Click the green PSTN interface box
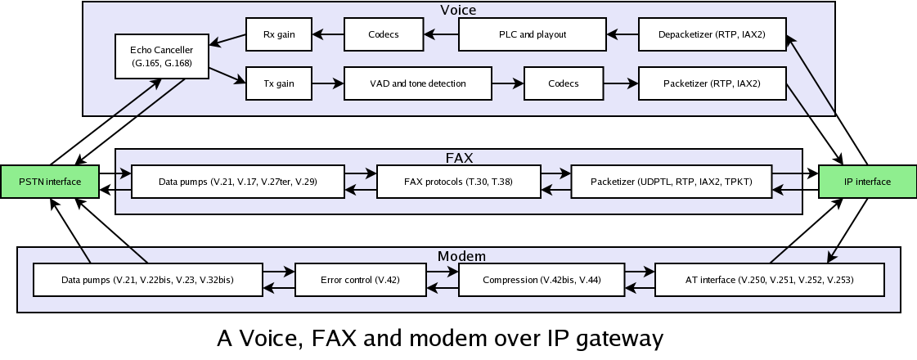tap(50, 182)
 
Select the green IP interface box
tap(867, 182)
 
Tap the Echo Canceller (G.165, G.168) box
tap(162, 56)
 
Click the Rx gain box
tap(278, 34)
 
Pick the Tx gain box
tap(278, 83)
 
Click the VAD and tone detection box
tap(417, 83)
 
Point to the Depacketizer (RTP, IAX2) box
tap(712, 34)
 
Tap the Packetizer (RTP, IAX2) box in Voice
tap(712, 83)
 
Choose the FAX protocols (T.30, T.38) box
tap(458, 182)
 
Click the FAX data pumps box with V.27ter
tap(237, 182)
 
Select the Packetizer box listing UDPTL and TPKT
tap(671, 182)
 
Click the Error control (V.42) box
tap(360, 280)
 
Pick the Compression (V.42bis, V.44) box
tap(542, 280)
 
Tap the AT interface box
tap(769, 280)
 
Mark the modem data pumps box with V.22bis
tap(147, 280)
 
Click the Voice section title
tap(458, 10)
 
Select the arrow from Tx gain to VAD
tap(327, 83)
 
